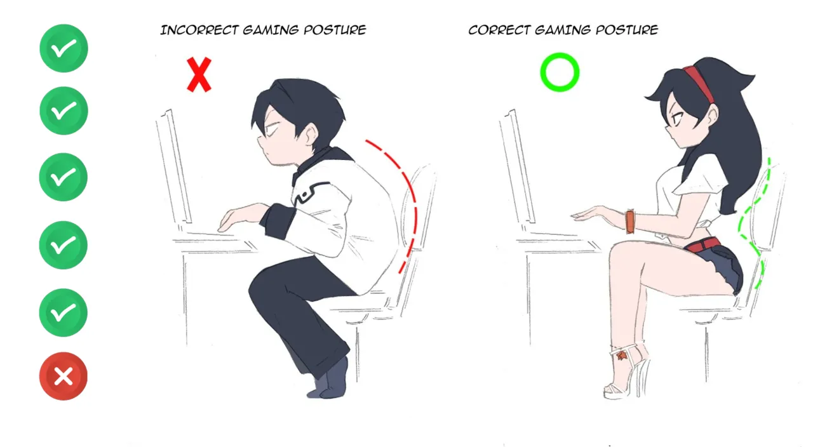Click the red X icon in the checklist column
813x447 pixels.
click(64, 376)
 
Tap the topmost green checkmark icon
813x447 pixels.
click(64, 48)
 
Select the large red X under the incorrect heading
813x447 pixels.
click(199, 75)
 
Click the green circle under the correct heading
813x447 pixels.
click(560, 72)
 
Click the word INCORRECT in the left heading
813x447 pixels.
click(199, 30)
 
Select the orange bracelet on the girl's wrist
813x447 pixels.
click(630, 222)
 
